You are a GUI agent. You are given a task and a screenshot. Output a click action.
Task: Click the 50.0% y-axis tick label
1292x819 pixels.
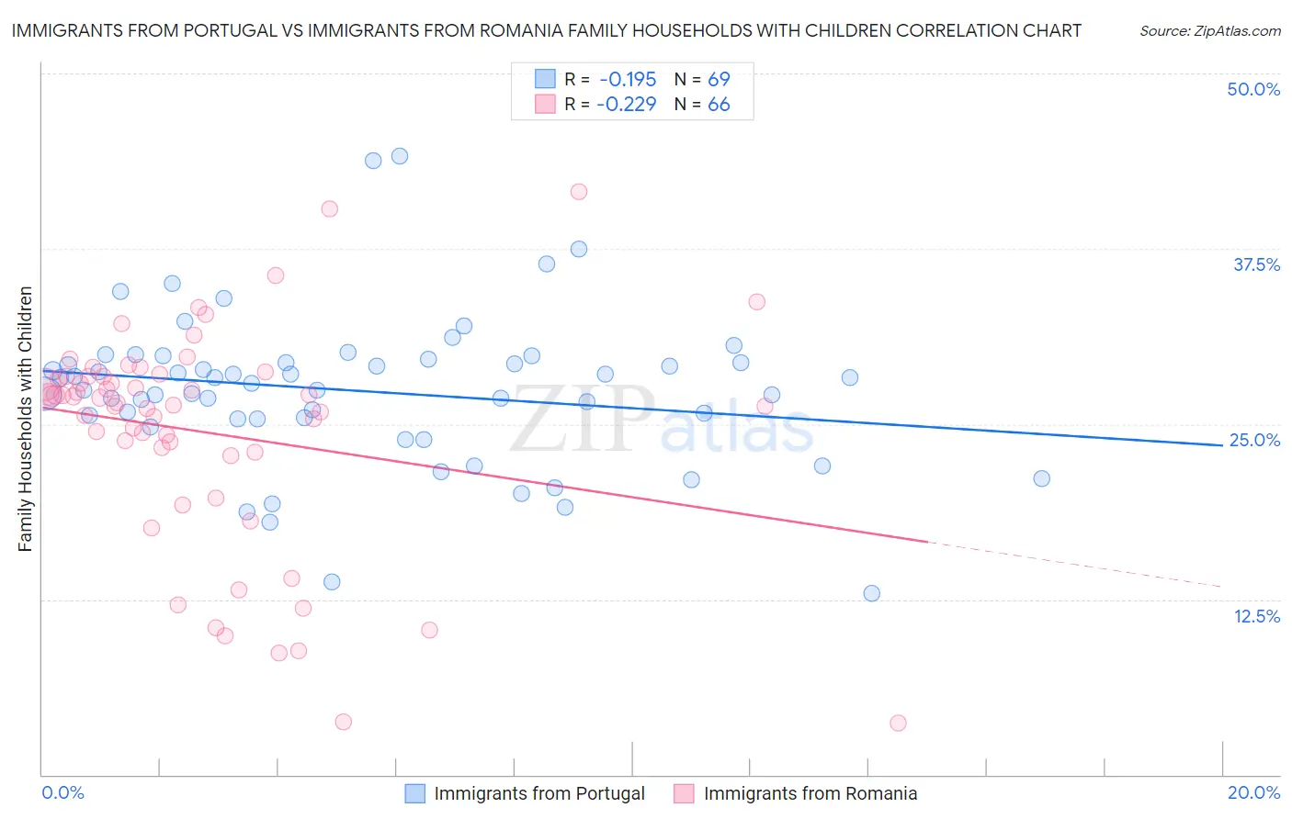pos(1253,89)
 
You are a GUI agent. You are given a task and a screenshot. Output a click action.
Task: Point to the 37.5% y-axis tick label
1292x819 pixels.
pos(1256,264)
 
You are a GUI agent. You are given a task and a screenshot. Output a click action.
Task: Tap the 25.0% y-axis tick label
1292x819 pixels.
pos(1254,440)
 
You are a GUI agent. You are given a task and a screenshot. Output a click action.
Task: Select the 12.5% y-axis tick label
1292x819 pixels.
pos(1256,616)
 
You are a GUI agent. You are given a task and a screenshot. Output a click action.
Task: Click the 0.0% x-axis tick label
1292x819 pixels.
pos(62,792)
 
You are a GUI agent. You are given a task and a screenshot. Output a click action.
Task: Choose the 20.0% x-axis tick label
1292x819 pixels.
pos(1253,792)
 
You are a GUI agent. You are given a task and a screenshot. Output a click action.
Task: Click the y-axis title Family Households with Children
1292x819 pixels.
pos(25,419)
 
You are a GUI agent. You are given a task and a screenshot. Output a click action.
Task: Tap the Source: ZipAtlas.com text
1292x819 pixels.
pos(1209,30)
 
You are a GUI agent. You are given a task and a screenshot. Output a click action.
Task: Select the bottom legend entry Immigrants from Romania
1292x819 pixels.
pos(810,793)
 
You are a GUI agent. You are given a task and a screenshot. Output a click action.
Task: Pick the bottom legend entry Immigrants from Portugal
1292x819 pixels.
pos(539,793)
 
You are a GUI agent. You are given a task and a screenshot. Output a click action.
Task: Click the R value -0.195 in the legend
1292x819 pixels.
pos(627,79)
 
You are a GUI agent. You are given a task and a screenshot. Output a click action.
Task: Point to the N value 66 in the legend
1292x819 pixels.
pos(719,104)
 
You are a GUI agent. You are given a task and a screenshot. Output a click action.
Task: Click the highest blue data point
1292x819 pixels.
pos(400,156)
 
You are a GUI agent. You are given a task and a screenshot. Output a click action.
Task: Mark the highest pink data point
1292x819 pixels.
pos(579,192)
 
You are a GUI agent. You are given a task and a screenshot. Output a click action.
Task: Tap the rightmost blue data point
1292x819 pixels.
pos(1041,478)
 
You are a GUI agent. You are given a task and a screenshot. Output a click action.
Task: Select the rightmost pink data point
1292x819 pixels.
pos(898,723)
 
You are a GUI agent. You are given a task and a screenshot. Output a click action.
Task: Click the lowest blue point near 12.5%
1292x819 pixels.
pos(872,593)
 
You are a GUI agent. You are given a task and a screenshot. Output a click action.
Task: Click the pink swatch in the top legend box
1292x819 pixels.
pos(545,104)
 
